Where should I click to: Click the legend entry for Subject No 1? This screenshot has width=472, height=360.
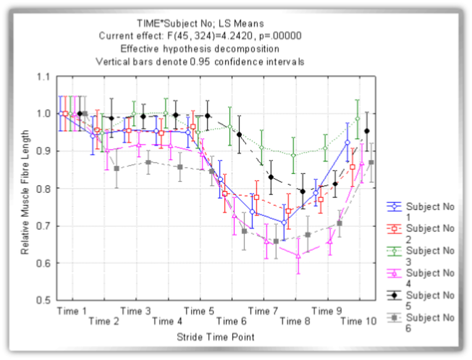point(421,211)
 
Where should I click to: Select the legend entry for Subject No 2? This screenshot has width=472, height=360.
point(421,233)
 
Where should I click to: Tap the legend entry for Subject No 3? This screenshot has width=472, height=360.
point(421,256)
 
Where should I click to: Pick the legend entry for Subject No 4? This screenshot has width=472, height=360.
point(421,278)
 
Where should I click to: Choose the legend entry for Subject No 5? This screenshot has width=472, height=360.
point(421,301)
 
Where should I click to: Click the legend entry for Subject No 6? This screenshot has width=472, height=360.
point(421,323)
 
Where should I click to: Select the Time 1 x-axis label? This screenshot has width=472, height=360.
point(72,310)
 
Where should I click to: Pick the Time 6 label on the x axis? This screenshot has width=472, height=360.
point(232,321)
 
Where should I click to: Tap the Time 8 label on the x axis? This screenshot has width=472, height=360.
point(295,321)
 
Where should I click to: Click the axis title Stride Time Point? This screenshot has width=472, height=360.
point(215,337)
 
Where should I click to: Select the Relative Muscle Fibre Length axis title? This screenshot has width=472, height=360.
point(25,191)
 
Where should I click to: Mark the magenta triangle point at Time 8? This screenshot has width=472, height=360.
point(298,256)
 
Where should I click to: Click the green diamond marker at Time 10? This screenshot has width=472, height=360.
point(358,119)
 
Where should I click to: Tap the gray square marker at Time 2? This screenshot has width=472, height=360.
point(117,168)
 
